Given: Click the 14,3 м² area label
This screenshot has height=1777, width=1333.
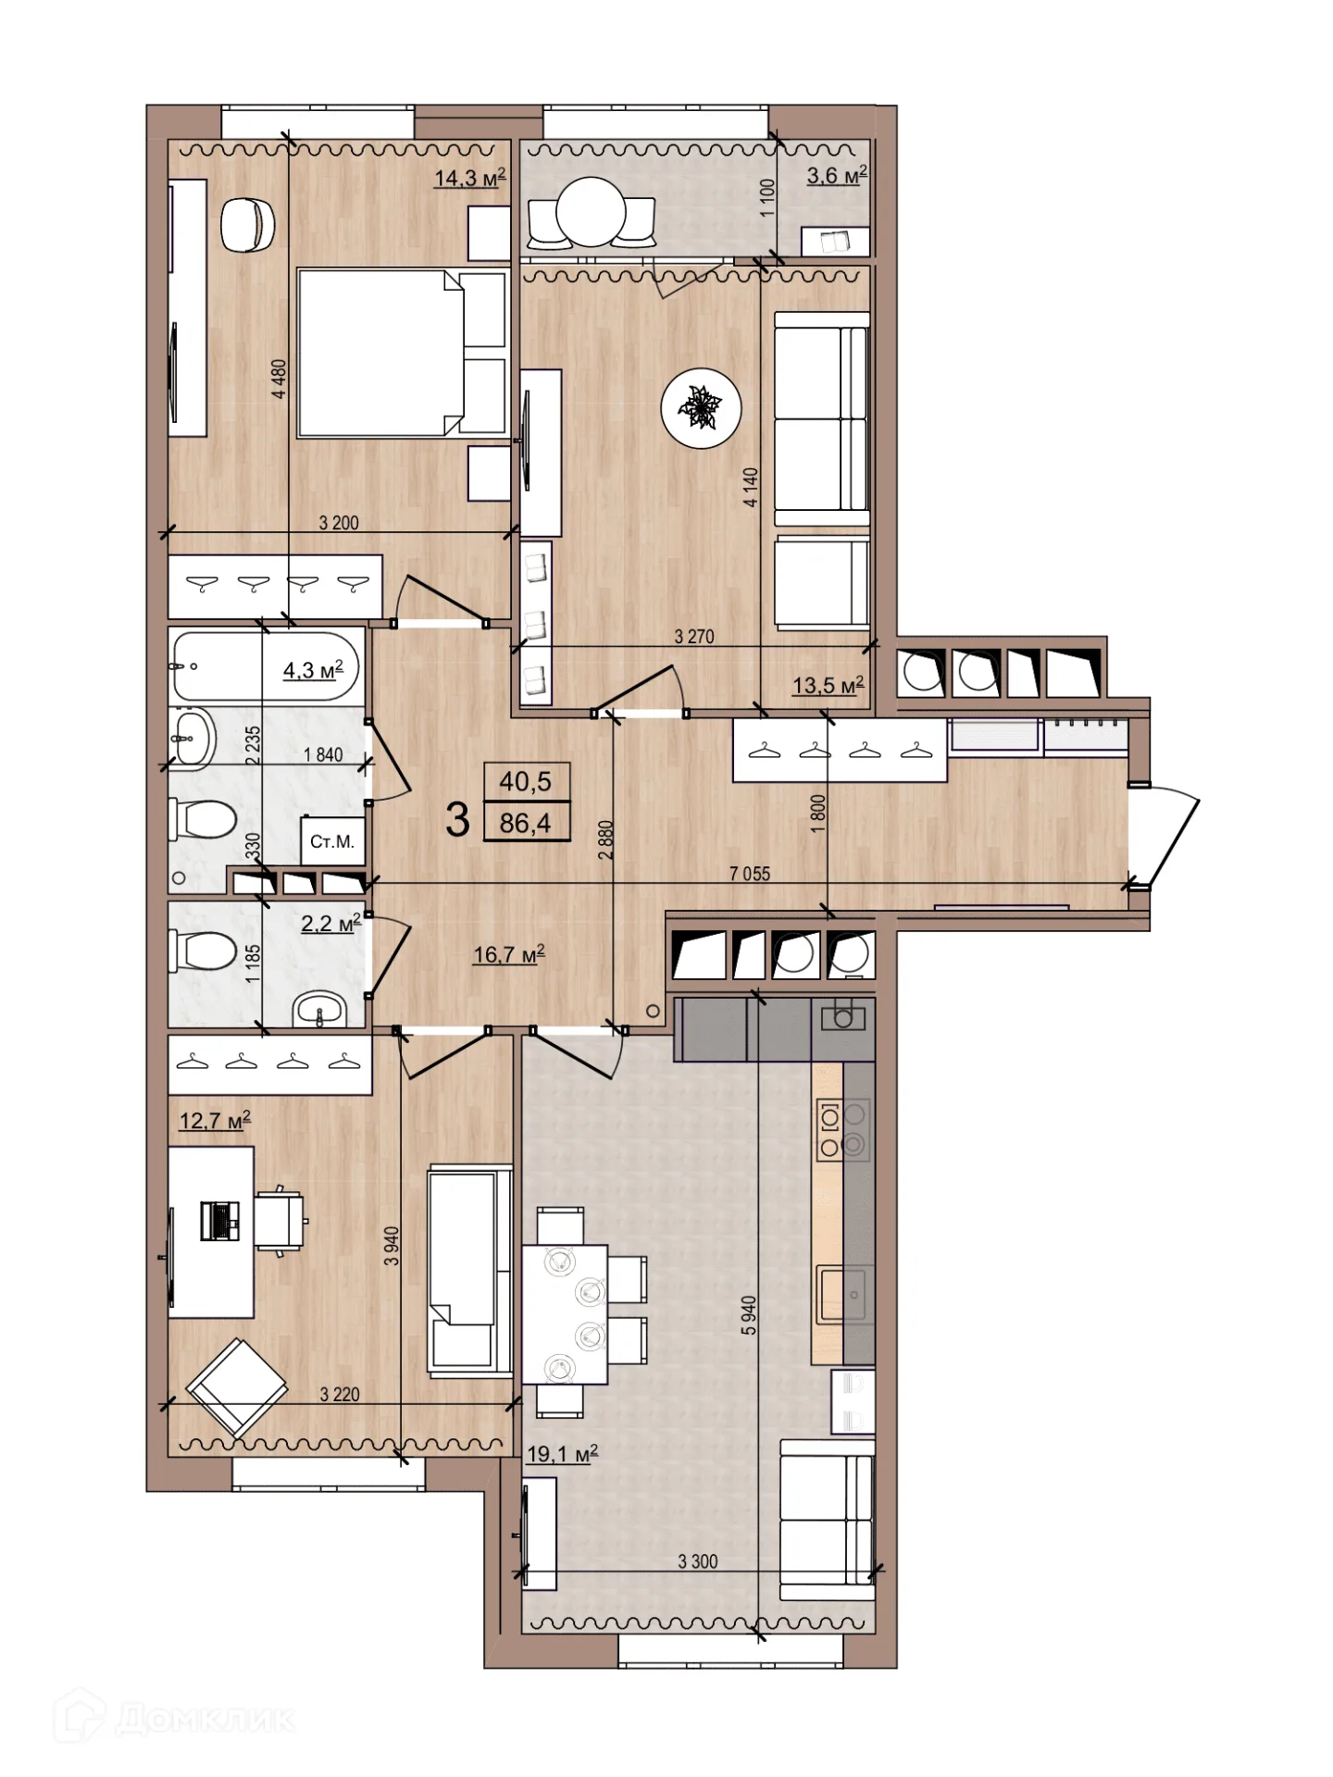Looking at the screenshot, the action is (470, 177).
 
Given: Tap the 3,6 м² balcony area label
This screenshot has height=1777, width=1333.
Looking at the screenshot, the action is (837, 174).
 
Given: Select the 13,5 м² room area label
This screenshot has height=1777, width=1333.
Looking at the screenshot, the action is (828, 685).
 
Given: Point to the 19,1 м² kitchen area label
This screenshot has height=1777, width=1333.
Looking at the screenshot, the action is (562, 1453).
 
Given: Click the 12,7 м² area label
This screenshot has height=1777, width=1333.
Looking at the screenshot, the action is (215, 1120).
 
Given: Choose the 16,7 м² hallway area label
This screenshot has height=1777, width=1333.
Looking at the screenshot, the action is (509, 953).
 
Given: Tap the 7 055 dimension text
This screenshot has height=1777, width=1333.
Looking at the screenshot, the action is (750, 873).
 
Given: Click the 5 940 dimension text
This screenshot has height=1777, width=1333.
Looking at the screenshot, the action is (749, 1315).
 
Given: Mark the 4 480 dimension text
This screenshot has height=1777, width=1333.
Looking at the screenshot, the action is (279, 379).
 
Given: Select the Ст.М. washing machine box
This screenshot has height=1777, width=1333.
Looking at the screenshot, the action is (331, 841).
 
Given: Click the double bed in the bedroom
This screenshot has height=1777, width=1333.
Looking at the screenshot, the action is (402, 353).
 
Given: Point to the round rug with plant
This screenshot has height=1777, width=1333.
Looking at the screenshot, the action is (702, 408).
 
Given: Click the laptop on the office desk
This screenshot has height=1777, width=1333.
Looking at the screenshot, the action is (219, 1219).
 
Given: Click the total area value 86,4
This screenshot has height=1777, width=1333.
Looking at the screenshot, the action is (525, 823).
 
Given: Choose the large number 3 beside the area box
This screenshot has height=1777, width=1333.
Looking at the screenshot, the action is (457, 819).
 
